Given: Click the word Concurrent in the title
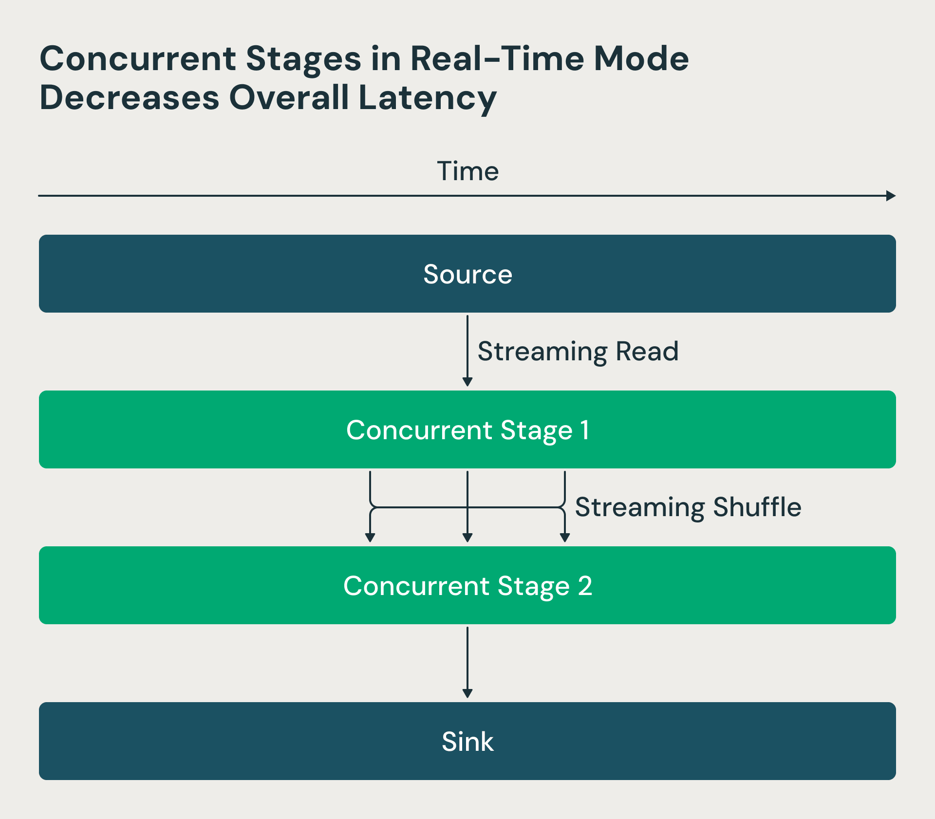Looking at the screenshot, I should (138, 59).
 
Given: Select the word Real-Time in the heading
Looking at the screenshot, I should (497, 59).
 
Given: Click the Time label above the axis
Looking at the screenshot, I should (467, 171).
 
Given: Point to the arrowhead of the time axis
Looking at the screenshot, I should (891, 196).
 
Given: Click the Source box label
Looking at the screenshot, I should (467, 274).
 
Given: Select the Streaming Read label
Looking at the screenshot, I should (578, 352).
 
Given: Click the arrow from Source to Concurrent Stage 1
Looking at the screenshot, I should (467, 351).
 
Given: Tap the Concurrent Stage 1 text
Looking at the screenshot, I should (467, 430).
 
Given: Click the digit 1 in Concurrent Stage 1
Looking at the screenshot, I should (585, 430).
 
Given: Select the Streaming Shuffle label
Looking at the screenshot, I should (688, 507).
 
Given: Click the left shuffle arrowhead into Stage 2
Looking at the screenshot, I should (370, 537).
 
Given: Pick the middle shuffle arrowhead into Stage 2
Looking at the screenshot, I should (467, 537).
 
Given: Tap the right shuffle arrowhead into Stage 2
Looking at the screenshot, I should (565, 537).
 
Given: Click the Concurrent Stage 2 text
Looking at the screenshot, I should (467, 586).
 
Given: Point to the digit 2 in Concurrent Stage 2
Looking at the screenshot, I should (585, 586).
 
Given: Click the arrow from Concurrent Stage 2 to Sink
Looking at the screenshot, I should (467, 662).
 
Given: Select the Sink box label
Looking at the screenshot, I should (467, 742).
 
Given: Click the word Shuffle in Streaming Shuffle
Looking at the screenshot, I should (757, 507).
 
